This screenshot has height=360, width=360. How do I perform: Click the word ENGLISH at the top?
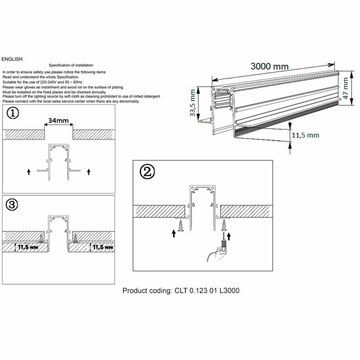tap(12, 59)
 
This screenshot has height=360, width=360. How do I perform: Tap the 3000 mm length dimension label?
tap(269, 66)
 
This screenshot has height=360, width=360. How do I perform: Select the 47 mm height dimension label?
tap(347, 88)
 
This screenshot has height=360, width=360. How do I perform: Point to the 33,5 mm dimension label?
tap(193, 103)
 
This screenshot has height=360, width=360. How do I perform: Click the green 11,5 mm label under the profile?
tap(305, 135)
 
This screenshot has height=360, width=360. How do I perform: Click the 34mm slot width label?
tap(59, 121)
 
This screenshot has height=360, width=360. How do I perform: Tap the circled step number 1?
tap(12, 113)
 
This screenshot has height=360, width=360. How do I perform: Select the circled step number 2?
tap(148, 172)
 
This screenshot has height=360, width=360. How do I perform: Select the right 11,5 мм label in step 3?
tap(101, 247)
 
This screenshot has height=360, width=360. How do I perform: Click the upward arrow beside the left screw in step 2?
tap(174, 232)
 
